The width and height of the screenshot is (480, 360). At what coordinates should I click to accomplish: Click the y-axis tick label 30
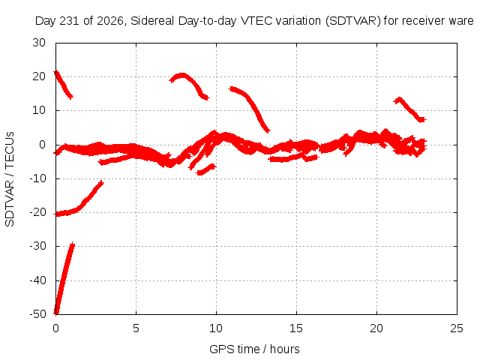[39, 43]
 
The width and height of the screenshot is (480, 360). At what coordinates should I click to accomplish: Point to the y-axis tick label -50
[38, 314]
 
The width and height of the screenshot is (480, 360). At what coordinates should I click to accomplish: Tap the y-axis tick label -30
[38, 246]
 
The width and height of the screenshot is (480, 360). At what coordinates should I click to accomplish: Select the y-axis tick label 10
[39, 110]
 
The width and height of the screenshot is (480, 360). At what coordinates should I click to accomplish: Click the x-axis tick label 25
[457, 328]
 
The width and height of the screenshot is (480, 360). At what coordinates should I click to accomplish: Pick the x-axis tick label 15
[296, 328]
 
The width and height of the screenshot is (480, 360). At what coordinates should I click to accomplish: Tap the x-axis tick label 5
[136, 328]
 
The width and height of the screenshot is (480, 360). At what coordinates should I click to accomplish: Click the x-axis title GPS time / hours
[254, 349]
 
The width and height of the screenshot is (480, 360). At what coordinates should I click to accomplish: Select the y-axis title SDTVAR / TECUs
[10, 179]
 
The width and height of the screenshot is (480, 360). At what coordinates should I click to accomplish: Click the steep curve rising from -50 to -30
[64, 278]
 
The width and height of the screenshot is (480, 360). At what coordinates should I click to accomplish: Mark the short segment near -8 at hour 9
[206, 169]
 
